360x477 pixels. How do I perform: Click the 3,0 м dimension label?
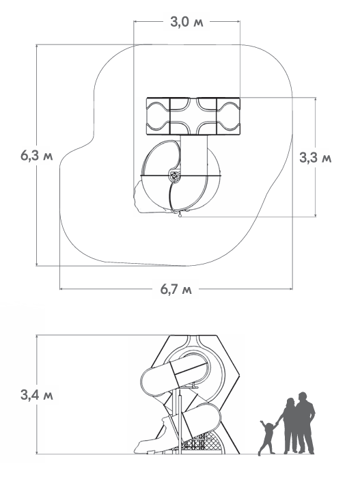186,22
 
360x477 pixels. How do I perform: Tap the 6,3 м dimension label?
36,156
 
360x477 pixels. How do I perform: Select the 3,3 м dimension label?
316,158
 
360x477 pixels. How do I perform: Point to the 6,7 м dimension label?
176,289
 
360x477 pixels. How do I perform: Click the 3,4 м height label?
36,395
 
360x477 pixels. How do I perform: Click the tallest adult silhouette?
305,423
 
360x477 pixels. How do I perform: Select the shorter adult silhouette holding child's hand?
288,426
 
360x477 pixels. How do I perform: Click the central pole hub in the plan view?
174,176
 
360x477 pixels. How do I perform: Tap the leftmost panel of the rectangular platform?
158,116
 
